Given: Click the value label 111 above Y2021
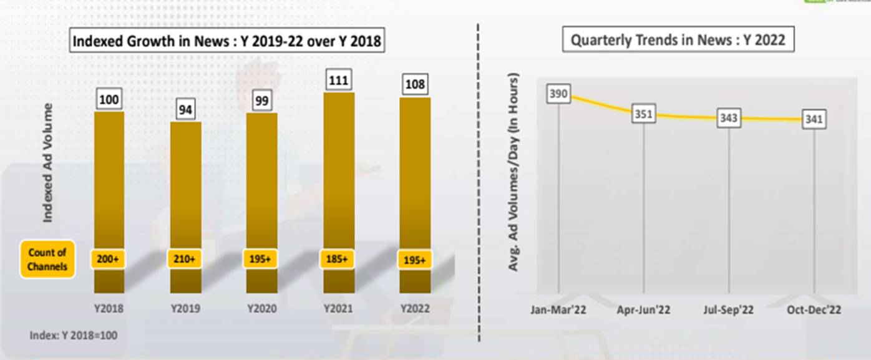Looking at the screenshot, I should pos(338,80).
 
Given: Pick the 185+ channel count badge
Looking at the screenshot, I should pos(338,259).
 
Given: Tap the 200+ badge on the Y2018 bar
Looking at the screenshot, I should pos(109,259).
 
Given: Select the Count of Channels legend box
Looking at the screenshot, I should pos(47,260).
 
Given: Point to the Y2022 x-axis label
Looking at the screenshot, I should pos(415,308).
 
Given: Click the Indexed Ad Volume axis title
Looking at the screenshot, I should pos(48,162).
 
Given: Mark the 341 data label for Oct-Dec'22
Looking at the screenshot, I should pos(814,120).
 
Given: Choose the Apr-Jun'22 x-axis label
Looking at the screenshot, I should pos(644,310).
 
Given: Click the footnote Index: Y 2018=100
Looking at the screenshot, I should pos(73,335).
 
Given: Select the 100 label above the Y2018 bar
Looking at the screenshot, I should pos(109,100).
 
